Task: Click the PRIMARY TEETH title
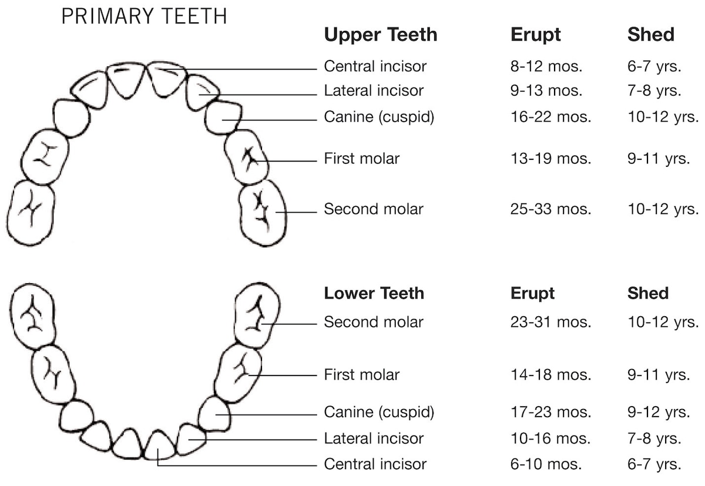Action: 144,16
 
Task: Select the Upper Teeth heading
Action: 381,35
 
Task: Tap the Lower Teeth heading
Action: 374,293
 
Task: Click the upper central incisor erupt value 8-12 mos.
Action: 546,66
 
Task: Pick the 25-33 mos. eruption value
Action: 550,209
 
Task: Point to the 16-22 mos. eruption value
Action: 550,117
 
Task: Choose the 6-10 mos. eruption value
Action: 546,464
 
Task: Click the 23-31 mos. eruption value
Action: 550,322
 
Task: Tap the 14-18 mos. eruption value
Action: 550,375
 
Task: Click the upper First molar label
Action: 361,159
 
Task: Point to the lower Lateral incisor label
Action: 374,438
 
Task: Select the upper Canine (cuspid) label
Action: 379,117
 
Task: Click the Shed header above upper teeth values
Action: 650,35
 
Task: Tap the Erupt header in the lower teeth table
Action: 532,293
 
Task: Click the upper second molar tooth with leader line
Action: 263,212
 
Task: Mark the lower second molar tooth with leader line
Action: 257,315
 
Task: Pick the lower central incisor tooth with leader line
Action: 158,445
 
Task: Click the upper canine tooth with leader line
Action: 223,118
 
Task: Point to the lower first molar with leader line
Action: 237,374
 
